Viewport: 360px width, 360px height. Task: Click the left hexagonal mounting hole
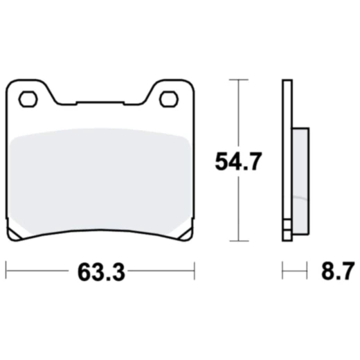coord(28,99)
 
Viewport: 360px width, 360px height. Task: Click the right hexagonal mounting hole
coord(168,99)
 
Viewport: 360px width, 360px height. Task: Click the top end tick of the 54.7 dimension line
coord(238,80)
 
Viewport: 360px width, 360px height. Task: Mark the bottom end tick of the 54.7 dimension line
coord(238,241)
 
